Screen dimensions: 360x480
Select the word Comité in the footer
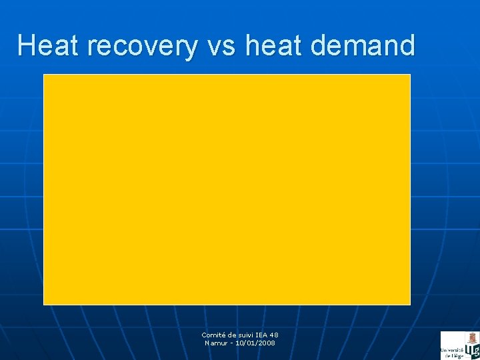215,335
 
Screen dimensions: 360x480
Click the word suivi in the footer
248,335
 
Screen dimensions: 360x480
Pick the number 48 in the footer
275,335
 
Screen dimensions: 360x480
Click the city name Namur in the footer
217,343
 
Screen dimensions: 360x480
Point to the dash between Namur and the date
233,343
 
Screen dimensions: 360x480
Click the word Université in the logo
451,350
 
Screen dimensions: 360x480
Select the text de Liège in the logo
453,356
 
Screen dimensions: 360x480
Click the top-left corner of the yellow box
44,75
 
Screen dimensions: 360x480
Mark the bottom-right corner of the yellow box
409,304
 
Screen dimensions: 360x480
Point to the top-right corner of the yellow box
409,75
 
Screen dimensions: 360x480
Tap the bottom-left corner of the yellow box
44,304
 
